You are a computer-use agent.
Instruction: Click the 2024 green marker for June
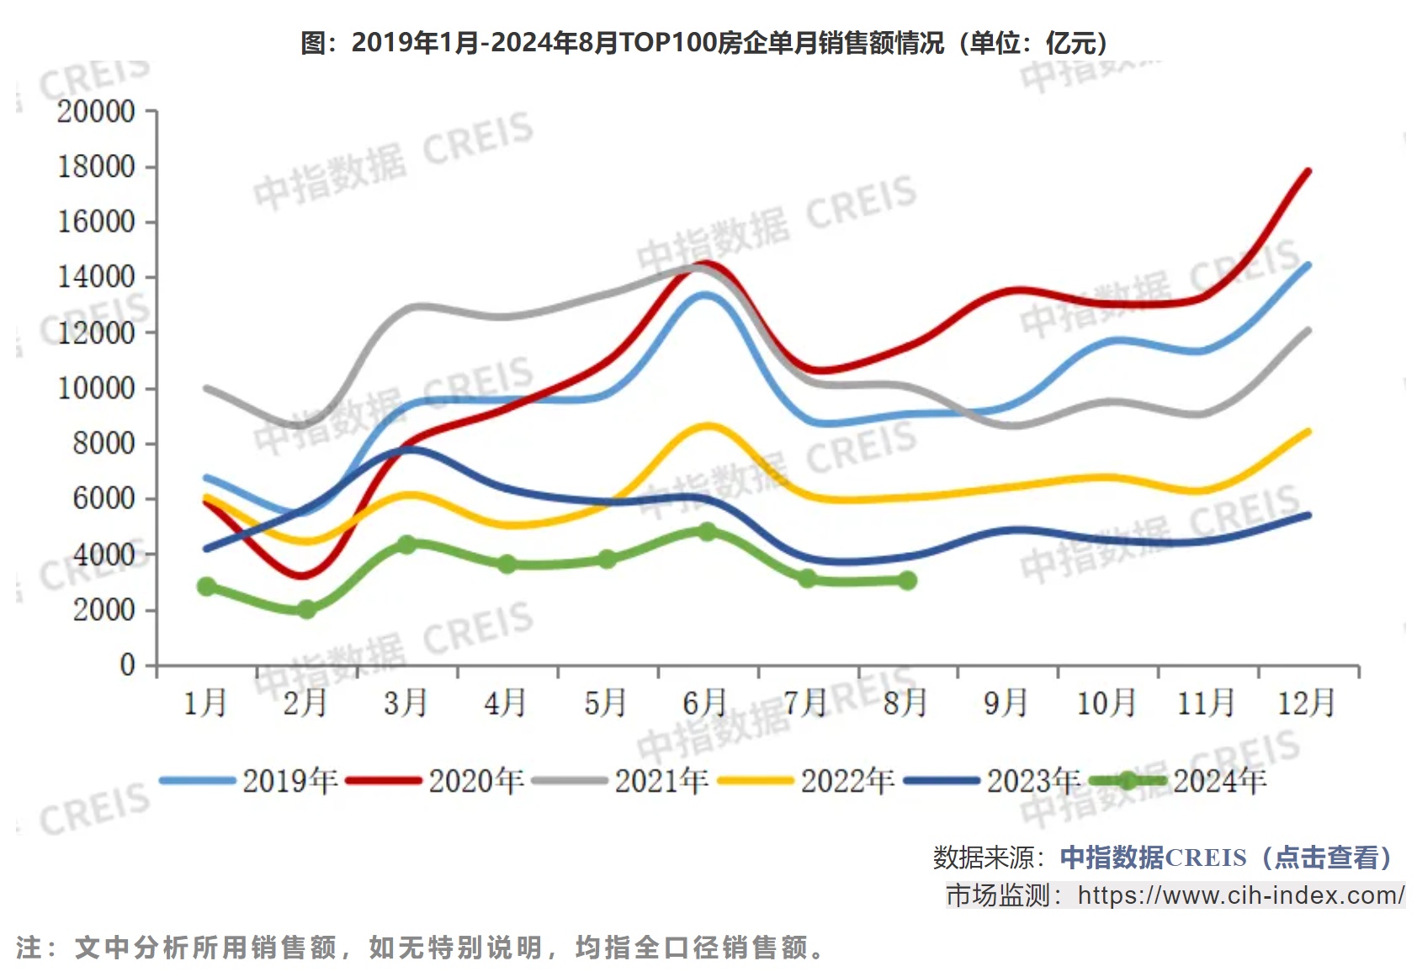coord(707,531)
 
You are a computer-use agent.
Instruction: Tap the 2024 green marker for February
coord(306,609)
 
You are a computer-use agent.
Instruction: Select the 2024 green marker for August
coord(907,580)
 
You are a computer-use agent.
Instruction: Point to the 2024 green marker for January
coord(206,587)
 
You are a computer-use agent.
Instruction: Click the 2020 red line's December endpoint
coord(1308,172)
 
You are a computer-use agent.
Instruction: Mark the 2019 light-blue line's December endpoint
coord(1308,265)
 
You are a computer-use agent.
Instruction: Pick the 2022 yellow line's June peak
coord(707,426)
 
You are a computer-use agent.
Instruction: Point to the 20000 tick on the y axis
coord(96,111)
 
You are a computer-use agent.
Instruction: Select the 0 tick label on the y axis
coord(127,665)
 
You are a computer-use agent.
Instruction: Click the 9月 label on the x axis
coord(1006,702)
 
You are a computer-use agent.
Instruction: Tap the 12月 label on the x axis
coord(1306,702)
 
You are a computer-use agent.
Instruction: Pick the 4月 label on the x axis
coord(505,702)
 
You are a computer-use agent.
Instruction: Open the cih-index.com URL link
coord(1240,895)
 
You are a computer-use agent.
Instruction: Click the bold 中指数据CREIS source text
coord(1153,858)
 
